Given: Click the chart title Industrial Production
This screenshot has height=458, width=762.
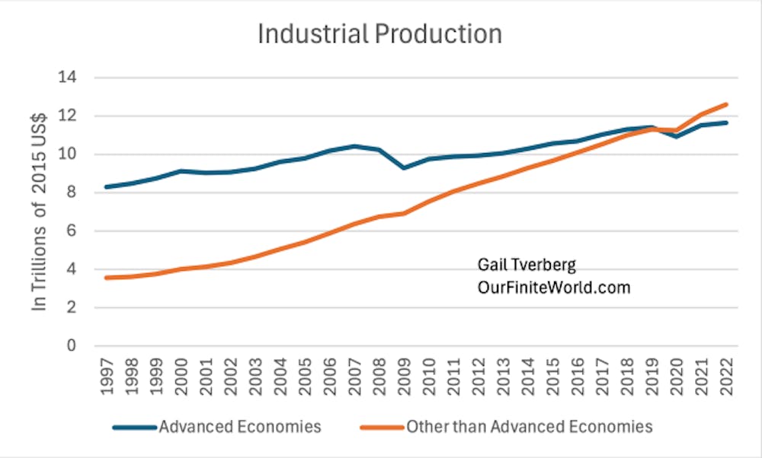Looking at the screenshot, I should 379,34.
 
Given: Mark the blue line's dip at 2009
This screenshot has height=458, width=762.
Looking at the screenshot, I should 403,167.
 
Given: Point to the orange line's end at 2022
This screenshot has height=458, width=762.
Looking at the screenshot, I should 725,104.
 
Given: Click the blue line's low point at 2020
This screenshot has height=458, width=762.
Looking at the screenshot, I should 676,136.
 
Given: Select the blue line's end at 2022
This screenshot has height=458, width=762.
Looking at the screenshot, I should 725,122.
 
